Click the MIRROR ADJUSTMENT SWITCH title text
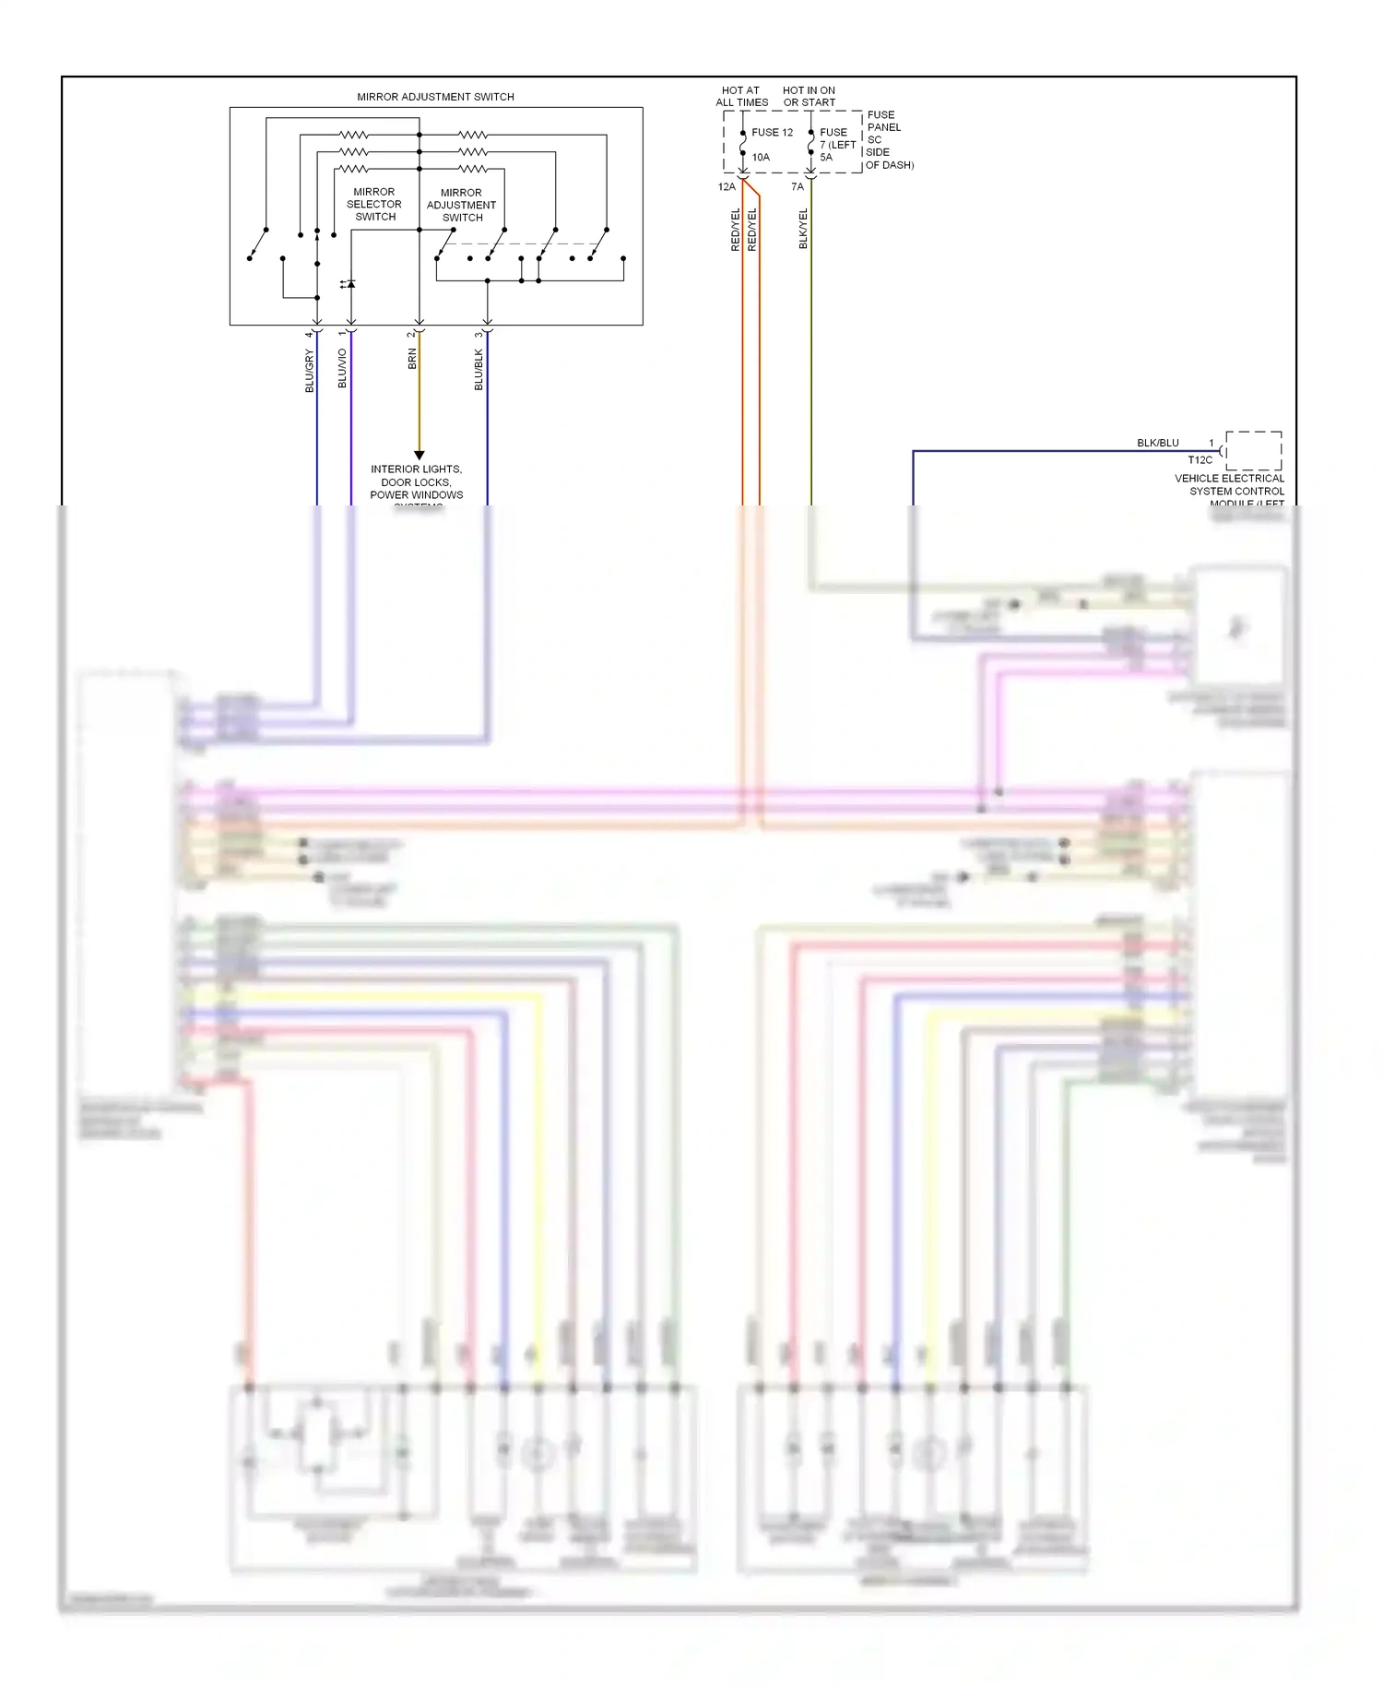[x=435, y=97]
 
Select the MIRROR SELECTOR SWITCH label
[x=374, y=205]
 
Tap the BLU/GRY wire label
[x=310, y=371]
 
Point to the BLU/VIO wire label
[x=343, y=368]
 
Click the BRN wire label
[x=412, y=359]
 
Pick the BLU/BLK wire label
[x=479, y=369]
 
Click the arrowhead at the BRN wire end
[x=419, y=455]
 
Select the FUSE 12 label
[x=772, y=133]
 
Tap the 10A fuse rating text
[x=761, y=158]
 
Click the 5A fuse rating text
[x=826, y=158]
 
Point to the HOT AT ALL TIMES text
[x=741, y=97]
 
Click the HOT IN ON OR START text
[x=809, y=97]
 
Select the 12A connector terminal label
[x=727, y=187]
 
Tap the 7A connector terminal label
[x=798, y=187]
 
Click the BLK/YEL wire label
[x=803, y=228]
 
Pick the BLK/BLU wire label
[x=1157, y=444]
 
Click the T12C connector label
[x=1200, y=460]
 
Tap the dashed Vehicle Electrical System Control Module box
[x=1253, y=450]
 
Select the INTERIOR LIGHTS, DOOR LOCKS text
[x=416, y=476]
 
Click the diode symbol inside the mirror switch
[x=350, y=284]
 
